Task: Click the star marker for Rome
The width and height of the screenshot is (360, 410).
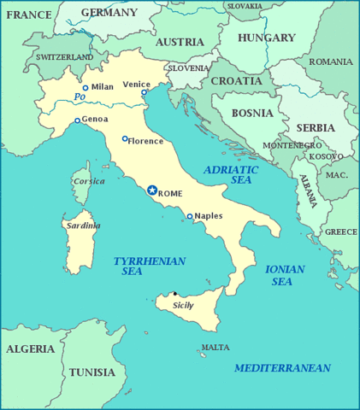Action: [152, 190]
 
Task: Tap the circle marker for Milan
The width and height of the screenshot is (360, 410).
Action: [86, 87]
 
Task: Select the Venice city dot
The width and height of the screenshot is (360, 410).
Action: [145, 92]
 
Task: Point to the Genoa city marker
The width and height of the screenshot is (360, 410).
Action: [77, 120]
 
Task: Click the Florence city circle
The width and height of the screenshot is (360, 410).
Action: [125, 139]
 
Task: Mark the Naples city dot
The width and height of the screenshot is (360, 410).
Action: [190, 216]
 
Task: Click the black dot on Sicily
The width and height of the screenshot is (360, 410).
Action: [175, 294]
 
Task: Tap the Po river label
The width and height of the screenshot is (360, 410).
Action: [80, 97]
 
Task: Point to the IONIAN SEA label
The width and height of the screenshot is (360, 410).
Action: [284, 275]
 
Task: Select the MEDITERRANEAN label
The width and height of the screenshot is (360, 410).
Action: [282, 367]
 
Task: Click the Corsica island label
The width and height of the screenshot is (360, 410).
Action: [89, 181]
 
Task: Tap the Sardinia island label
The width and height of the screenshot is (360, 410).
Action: [83, 225]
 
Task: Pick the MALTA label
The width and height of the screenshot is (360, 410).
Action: [215, 348]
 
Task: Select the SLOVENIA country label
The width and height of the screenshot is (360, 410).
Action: [188, 67]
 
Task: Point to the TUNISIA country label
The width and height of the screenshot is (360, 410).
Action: [91, 372]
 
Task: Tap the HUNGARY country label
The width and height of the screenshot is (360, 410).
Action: [267, 38]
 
